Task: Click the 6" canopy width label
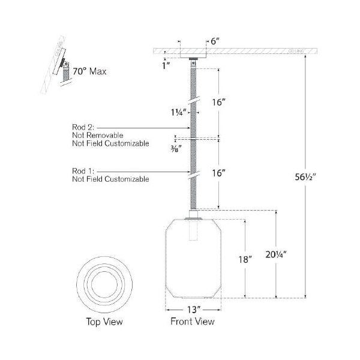(214, 41)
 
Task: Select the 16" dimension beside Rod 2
(218, 103)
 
